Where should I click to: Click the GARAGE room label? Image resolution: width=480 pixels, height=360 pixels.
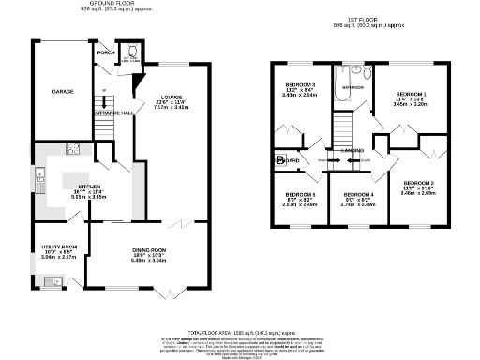coord(50,92)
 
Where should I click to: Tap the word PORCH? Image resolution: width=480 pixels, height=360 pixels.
coord(106,53)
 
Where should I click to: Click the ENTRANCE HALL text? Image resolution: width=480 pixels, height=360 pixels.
coord(113,112)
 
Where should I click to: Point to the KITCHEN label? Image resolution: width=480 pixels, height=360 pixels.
coord(90,187)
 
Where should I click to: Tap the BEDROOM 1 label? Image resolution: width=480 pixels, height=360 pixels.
coord(411,95)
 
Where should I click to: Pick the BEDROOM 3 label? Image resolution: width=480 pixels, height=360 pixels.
coord(301,85)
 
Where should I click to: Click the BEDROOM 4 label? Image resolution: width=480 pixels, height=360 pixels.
coord(359,194)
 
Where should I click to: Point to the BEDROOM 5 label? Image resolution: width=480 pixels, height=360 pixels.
coord(301,194)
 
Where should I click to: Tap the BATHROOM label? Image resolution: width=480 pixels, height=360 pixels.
coord(352,87)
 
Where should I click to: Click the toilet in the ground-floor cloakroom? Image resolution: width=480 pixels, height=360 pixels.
coord(132,52)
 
